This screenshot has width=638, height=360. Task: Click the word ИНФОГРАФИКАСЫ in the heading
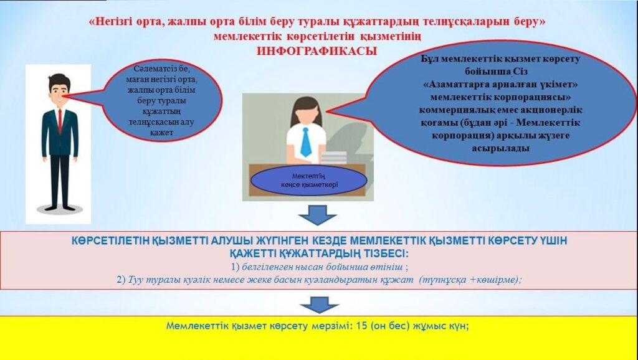(317, 51)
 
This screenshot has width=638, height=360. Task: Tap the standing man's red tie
(60, 121)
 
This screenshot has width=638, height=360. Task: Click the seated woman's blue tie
(305, 142)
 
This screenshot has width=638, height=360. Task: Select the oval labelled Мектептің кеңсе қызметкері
(309, 180)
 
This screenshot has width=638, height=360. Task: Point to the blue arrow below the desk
(317, 215)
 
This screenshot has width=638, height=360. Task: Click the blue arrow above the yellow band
(319, 305)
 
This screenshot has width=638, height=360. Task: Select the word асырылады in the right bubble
(500, 148)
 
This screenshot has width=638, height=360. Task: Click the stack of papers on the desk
(334, 158)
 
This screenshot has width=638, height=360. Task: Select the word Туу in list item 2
(135, 280)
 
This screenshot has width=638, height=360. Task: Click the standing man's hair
(59, 82)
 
